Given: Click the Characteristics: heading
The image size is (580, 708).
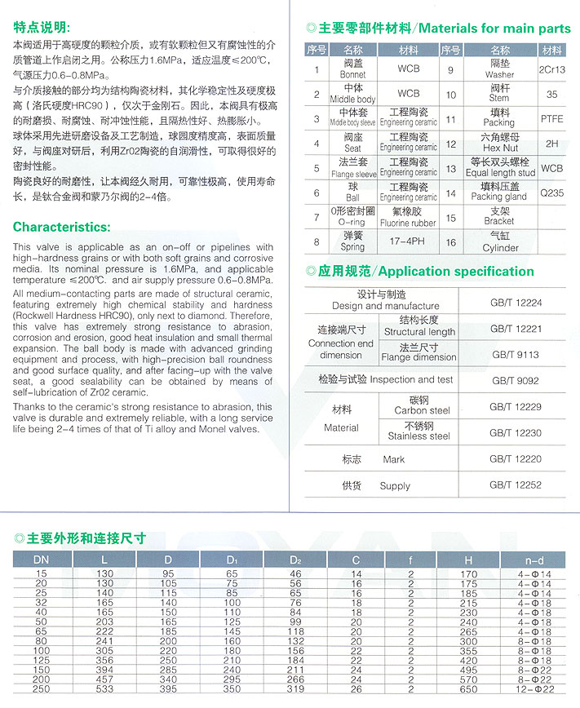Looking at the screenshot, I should (62, 227).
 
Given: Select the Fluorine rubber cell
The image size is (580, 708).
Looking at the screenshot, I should (408, 223).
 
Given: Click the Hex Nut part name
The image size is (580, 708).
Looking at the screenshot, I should (499, 148).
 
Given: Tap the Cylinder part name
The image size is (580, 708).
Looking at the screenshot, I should (499, 248).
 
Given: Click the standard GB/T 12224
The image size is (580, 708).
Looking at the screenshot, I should (516, 303).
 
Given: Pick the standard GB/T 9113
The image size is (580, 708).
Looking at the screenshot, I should (516, 355).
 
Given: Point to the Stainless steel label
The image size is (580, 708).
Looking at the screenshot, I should (418, 436).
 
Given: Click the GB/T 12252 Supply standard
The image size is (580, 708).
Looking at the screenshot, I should (516, 485).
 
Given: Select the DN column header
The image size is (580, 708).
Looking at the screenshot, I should (40, 560).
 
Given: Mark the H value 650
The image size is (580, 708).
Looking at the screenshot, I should (467, 689).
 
